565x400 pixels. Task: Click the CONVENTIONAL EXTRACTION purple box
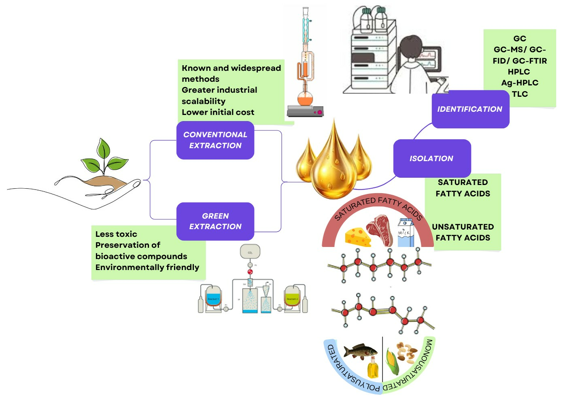[x=215, y=140]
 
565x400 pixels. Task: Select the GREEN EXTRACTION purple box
[x=215, y=221]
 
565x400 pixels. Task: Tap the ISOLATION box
[x=431, y=158]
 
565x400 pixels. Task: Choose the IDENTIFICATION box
[x=470, y=109]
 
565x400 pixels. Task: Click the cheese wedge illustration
[x=358, y=236]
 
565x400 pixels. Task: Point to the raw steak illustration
[x=380, y=230]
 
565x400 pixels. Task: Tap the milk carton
[x=406, y=232]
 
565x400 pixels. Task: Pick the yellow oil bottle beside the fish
[x=373, y=368]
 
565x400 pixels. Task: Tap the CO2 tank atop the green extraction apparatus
[x=250, y=252]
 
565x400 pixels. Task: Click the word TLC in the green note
[x=520, y=94]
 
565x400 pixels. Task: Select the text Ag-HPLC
[x=520, y=83]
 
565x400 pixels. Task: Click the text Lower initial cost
[x=218, y=112]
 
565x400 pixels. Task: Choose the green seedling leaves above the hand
[x=105, y=158]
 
